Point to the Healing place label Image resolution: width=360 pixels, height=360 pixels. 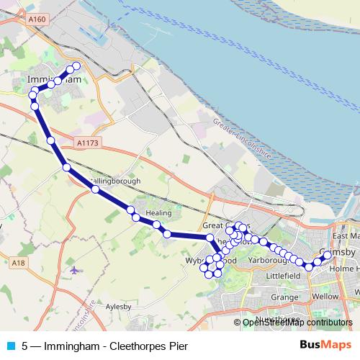[158, 213]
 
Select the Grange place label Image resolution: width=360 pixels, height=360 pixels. [285, 297]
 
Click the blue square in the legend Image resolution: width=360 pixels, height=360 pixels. [9, 346]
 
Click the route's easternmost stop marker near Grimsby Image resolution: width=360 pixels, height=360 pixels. [328, 255]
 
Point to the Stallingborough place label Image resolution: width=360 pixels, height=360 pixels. [115, 181]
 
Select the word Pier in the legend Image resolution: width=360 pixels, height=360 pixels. [178, 346]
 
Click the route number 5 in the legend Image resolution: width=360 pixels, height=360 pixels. [25, 346]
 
